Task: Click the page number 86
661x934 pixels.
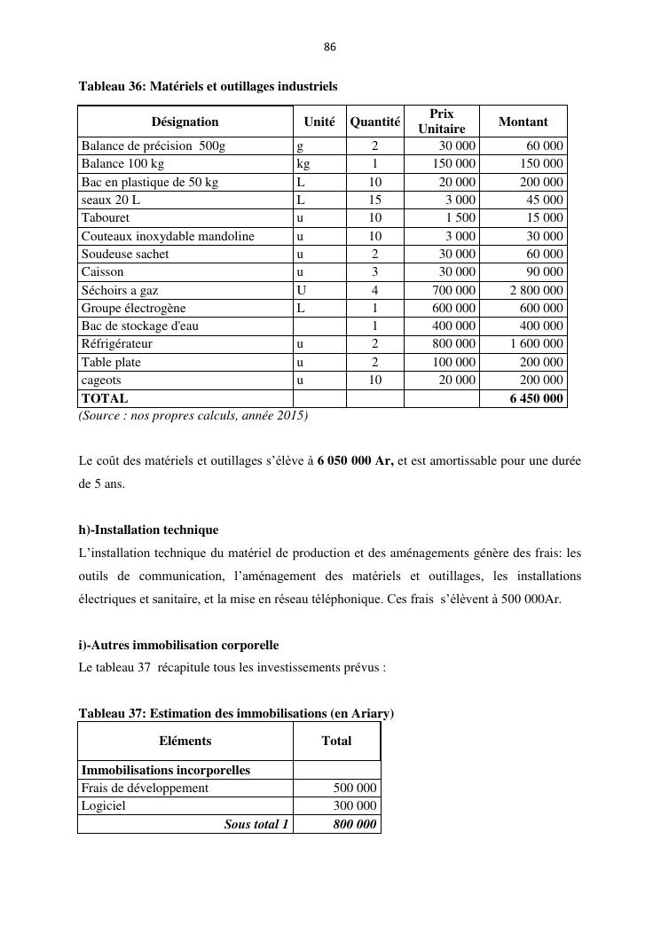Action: (330, 47)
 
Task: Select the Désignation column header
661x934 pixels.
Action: (185, 122)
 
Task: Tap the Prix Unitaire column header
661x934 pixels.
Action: (441, 122)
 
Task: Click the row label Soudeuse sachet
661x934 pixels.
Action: (125, 254)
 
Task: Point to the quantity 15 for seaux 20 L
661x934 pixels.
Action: (374, 200)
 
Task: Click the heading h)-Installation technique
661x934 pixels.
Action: (148, 530)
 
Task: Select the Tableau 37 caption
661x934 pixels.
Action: (236, 713)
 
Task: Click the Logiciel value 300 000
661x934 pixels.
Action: (355, 806)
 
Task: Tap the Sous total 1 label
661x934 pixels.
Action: (256, 824)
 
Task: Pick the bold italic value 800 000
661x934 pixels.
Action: (354, 824)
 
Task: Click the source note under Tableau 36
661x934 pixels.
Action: (193, 415)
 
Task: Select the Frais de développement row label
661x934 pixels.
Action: (145, 788)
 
